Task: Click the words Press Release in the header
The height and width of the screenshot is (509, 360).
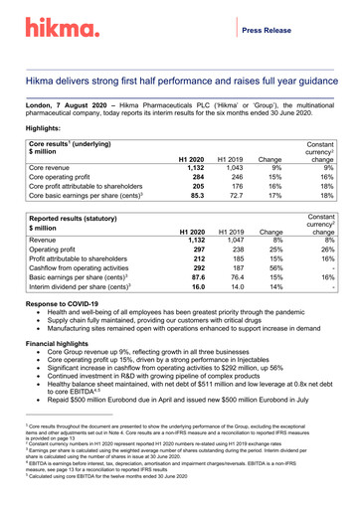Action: click(x=292, y=31)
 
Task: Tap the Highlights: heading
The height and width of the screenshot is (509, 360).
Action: click(x=49, y=129)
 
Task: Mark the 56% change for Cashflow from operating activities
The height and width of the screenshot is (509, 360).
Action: click(x=270, y=269)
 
